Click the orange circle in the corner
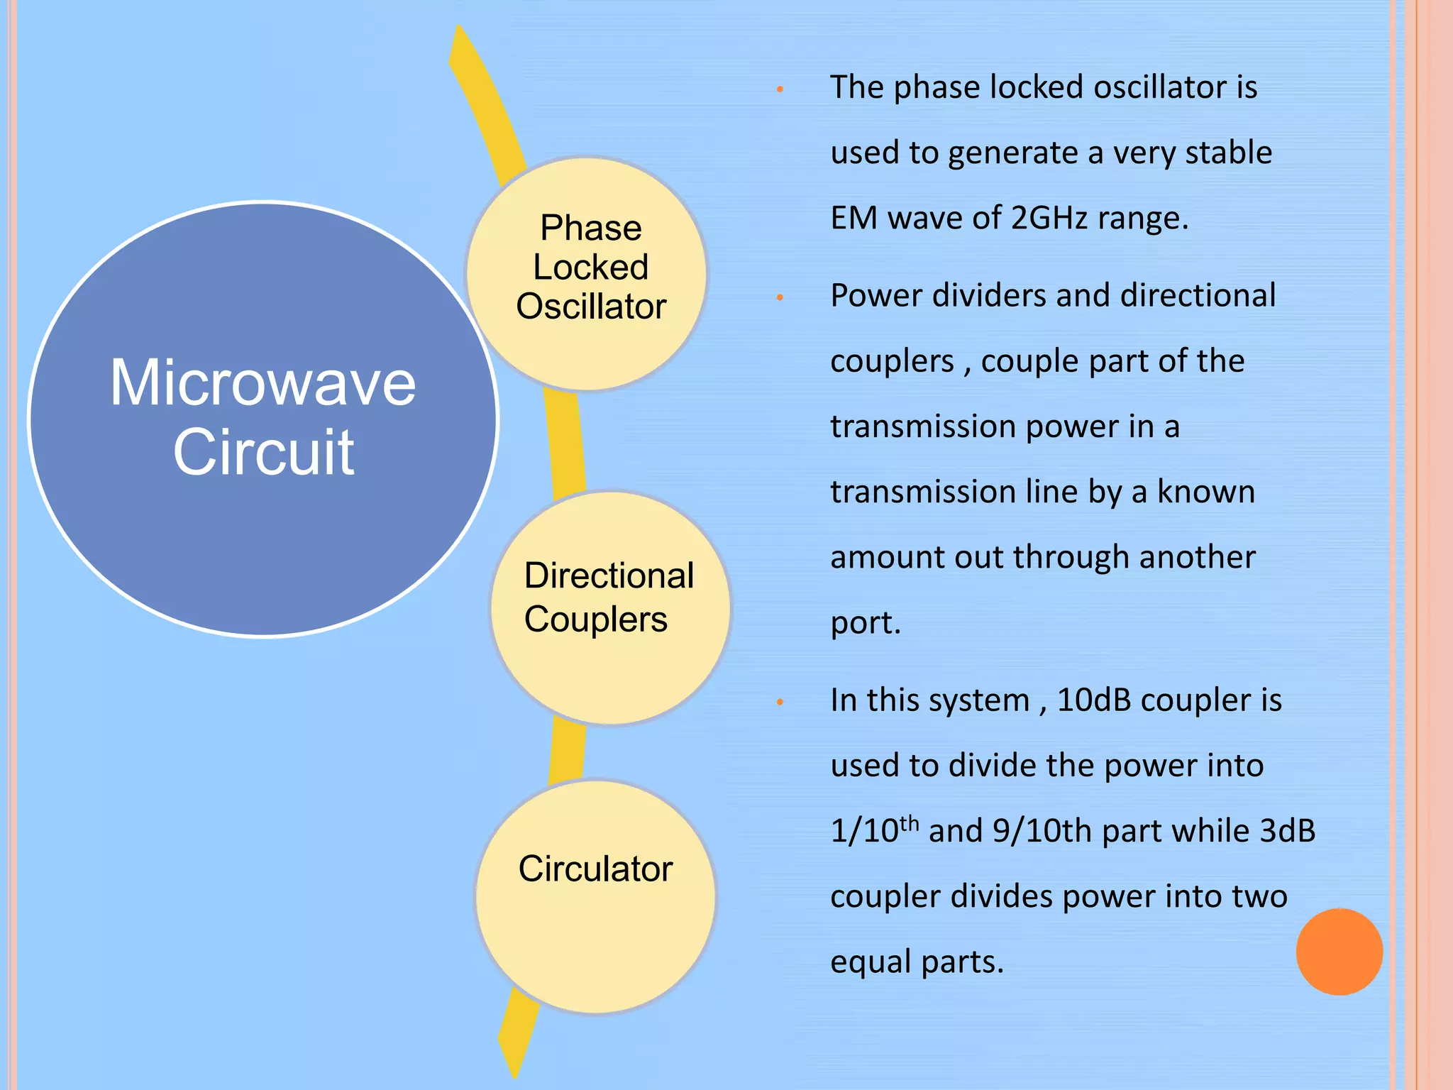(x=1339, y=952)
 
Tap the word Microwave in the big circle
(x=263, y=383)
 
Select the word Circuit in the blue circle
(x=263, y=452)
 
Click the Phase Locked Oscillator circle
(x=587, y=274)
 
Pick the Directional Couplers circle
(x=610, y=607)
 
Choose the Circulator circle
(x=596, y=896)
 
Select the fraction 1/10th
(x=874, y=830)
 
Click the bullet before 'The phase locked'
(x=780, y=89)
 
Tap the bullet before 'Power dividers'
(x=780, y=297)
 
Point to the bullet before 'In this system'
(x=780, y=702)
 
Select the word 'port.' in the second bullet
(x=866, y=623)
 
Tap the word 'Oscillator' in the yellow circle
(x=591, y=307)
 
